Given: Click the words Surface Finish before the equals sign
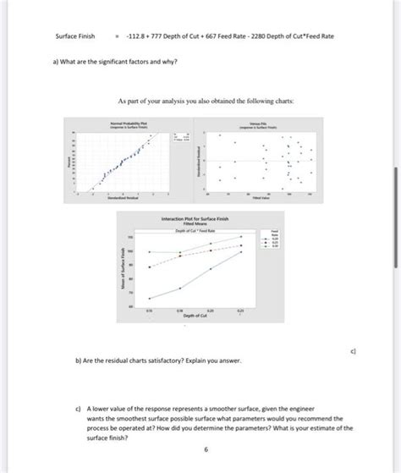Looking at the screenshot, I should click(73, 36).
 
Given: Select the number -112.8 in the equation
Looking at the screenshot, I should click(138, 36).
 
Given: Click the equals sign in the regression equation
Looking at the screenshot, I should click(118, 36).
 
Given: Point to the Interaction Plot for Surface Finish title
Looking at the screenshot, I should click(200, 217).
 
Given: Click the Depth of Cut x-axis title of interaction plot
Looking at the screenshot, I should click(196, 316).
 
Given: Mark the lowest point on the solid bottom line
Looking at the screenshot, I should click(150, 299).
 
